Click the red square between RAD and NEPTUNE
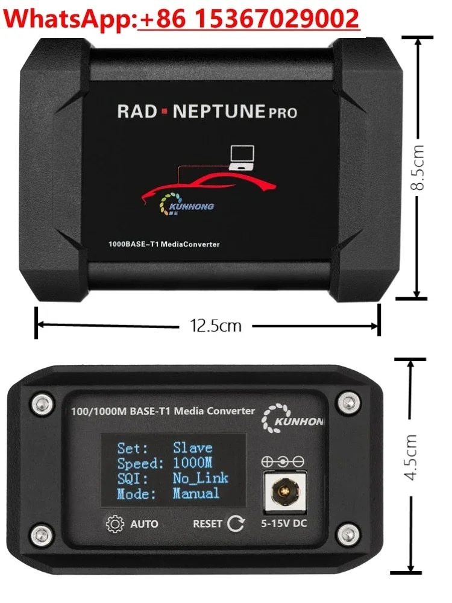point(165,112)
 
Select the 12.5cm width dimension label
point(216,326)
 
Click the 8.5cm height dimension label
point(418,167)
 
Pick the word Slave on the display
point(192,448)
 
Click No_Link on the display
point(200,478)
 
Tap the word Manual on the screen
point(196,493)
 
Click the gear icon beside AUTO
point(114,523)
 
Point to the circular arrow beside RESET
point(236,523)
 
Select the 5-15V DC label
point(283,523)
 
